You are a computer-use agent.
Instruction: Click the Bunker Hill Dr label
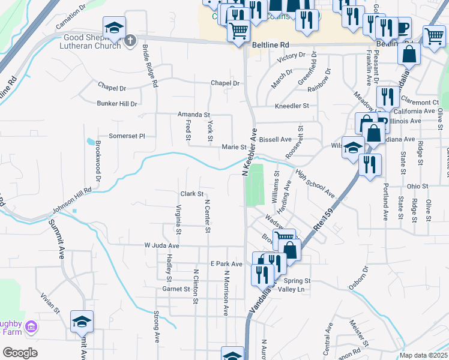coord(117,104)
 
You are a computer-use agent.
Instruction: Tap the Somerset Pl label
coord(126,136)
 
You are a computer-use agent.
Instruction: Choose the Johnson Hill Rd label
coord(71,200)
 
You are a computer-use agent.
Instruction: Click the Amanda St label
coord(193,115)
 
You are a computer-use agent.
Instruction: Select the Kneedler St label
coord(291,106)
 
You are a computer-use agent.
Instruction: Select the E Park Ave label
coord(226,264)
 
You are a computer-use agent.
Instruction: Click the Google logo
coord(20,353)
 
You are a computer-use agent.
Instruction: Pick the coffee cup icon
coord(402,27)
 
